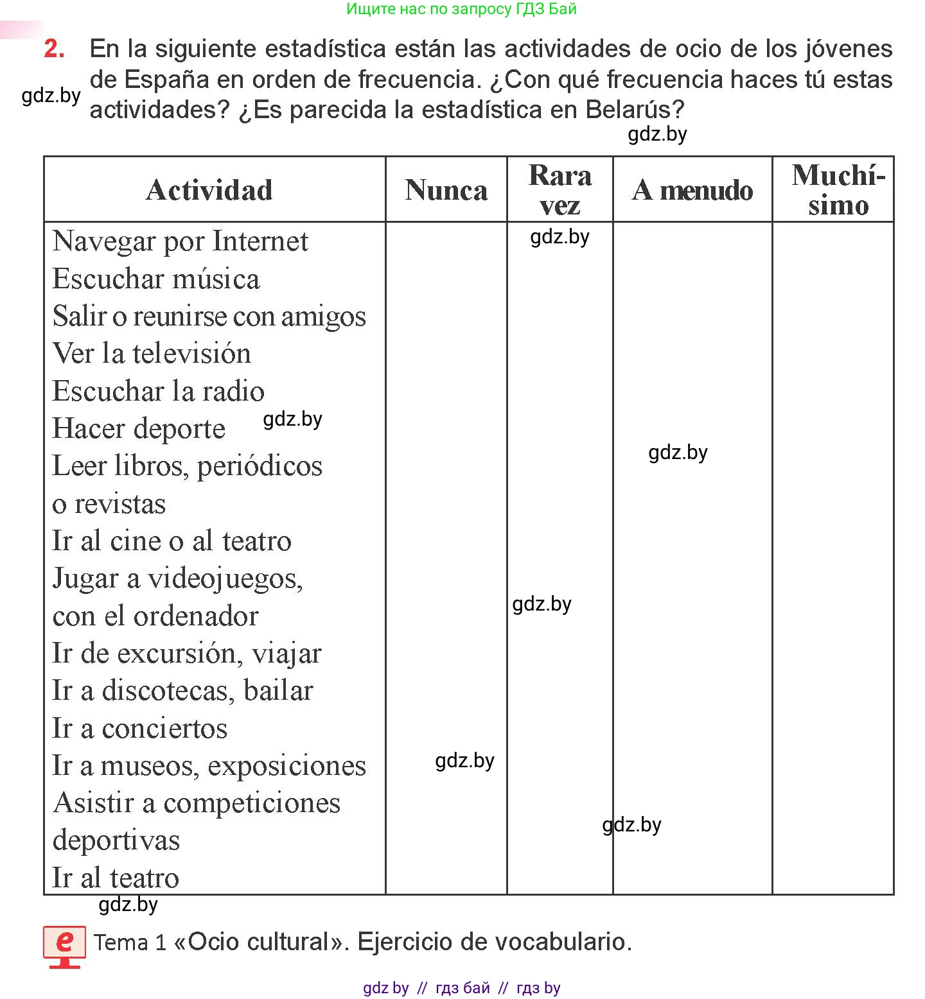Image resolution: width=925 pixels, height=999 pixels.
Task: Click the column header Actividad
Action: (209, 190)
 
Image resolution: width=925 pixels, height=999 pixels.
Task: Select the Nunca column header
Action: (446, 190)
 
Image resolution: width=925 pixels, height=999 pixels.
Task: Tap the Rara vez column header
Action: (560, 190)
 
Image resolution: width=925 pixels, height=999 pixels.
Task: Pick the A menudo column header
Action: (692, 190)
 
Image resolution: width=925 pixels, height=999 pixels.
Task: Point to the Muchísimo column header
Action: (838, 190)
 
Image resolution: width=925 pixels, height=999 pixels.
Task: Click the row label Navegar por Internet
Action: (181, 241)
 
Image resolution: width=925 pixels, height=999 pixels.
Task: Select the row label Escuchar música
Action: (156, 279)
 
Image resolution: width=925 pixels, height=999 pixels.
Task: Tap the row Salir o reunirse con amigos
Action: (209, 316)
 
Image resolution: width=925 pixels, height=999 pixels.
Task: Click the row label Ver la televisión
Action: (152, 353)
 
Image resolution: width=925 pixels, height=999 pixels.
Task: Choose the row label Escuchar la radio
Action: (158, 391)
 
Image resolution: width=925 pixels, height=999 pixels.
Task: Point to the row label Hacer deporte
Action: (139, 428)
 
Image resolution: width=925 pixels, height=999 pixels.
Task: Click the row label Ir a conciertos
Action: (140, 728)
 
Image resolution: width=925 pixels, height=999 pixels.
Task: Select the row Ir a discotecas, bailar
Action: (182, 691)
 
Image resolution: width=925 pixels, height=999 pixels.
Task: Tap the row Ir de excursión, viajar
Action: (186, 653)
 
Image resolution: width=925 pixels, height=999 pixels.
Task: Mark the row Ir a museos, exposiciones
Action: (209, 765)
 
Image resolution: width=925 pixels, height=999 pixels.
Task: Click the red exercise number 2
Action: (55, 49)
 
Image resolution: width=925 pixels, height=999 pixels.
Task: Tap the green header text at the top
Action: (461, 9)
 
